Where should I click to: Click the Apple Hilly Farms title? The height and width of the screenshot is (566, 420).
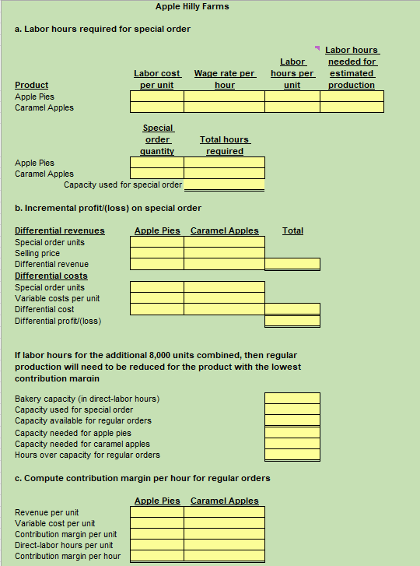tap(192, 7)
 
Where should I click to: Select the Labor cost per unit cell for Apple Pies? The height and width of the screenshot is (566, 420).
tap(157, 97)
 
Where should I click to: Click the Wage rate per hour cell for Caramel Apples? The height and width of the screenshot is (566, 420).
tap(224, 107)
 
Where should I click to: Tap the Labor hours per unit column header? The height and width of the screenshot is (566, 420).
tap(292, 73)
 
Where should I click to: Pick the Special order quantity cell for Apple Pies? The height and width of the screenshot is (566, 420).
tap(157, 163)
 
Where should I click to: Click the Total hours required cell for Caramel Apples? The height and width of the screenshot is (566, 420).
tap(224, 174)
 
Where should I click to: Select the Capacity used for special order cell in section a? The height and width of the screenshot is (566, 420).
tap(224, 185)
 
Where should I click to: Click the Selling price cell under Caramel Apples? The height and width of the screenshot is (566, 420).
tap(224, 253)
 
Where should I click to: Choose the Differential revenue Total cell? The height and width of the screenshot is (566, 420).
tap(292, 264)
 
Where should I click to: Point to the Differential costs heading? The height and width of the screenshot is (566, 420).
tap(51, 276)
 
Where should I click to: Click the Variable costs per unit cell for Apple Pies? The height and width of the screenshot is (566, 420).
tap(157, 298)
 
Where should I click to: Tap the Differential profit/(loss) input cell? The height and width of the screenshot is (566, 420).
tap(292, 321)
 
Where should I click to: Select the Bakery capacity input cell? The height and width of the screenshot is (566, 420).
tap(292, 399)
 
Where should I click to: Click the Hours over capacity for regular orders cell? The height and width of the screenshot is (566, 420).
tap(292, 455)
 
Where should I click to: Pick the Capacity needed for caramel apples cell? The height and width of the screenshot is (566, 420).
tap(292, 444)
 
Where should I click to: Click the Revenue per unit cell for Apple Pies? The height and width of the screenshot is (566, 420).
tap(157, 512)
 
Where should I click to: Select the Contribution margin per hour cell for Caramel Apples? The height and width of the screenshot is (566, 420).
tap(224, 557)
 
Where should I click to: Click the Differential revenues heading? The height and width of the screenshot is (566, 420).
tap(60, 230)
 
